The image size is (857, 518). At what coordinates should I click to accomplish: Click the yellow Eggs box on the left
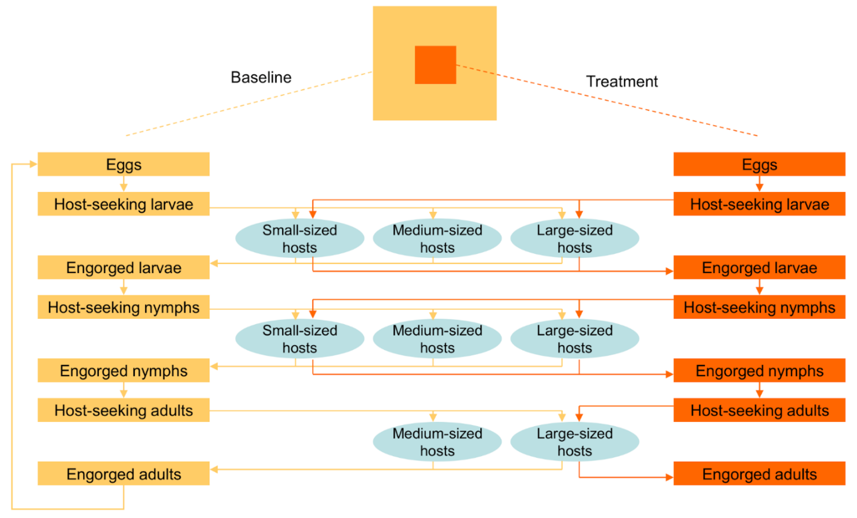123,164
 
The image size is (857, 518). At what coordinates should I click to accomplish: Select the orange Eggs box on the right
759,164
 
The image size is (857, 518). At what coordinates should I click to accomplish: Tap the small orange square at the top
435,65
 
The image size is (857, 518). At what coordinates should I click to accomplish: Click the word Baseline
261,77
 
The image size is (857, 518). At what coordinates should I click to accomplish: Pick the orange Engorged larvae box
759,268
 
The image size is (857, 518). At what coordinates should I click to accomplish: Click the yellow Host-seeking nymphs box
123,307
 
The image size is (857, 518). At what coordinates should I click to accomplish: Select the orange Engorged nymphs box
759,371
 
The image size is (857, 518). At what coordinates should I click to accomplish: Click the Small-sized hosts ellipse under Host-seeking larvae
300,238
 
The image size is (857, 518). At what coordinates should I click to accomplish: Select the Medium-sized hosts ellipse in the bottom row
437,442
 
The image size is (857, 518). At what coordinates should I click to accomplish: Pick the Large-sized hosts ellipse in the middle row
575,339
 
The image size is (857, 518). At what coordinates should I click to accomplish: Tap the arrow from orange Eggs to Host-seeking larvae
759,184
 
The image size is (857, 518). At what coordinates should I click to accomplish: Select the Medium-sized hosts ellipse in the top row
437,238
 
